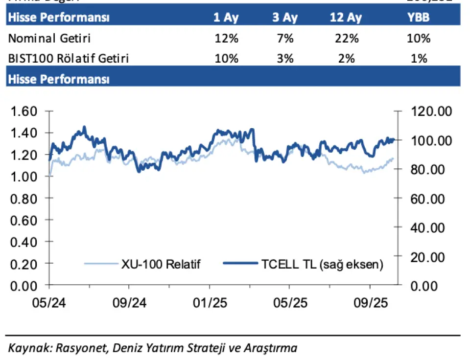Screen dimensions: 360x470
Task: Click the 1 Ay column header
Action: click(x=226, y=18)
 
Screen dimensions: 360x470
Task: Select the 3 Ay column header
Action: click(x=285, y=18)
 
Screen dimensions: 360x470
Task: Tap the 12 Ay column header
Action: click(x=346, y=18)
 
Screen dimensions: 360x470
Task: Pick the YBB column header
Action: click(x=419, y=18)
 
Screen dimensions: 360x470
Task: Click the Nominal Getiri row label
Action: click(x=49, y=38)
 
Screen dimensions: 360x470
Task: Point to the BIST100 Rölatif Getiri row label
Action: click(x=69, y=58)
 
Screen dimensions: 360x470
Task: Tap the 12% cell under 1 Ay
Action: click(x=226, y=38)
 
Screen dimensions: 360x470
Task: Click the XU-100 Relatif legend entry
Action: click(x=161, y=264)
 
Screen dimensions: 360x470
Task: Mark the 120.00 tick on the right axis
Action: click(x=431, y=112)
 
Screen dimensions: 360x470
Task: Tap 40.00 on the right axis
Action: click(x=431, y=228)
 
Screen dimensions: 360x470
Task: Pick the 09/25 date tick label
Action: click(x=370, y=302)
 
